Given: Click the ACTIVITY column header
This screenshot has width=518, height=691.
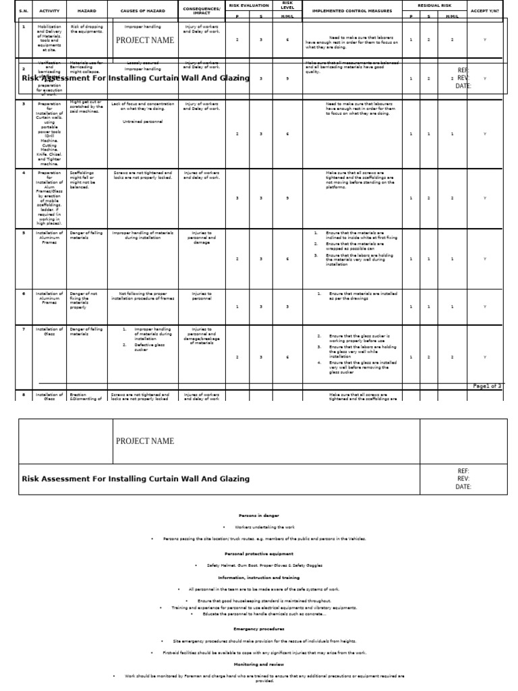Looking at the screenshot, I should click(x=49, y=11).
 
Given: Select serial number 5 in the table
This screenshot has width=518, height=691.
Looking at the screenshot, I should click(x=24, y=233).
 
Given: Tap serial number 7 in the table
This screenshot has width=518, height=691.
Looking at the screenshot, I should click(x=24, y=329).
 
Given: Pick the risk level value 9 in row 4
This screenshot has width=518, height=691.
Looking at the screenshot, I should click(x=287, y=198).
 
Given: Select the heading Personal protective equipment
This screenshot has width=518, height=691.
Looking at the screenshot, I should click(x=259, y=553).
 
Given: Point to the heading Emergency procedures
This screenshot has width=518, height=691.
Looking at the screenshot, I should click(x=259, y=629).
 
